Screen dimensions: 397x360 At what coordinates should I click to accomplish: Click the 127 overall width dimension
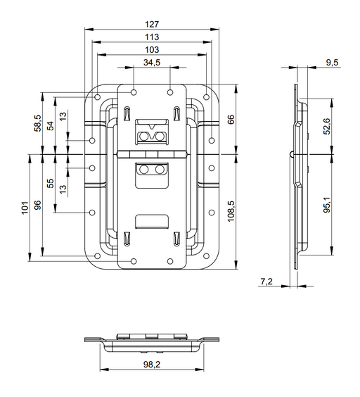[x=152, y=23]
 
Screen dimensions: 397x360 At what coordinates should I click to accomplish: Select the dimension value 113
[x=152, y=36]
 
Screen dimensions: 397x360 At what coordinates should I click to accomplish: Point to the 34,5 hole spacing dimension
[x=152, y=63]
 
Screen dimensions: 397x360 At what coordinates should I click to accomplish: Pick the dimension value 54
[x=50, y=125]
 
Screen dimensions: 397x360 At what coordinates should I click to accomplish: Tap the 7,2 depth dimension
[x=266, y=281]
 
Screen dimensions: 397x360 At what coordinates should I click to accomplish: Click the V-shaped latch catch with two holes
[x=152, y=134]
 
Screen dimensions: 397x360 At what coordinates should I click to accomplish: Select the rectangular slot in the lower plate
[x=152, y=221]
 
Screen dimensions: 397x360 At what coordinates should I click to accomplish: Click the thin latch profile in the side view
[x=297, y=176]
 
